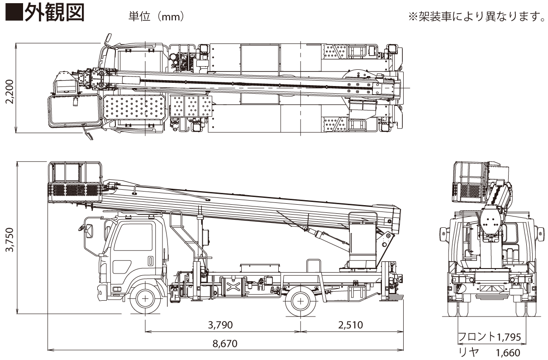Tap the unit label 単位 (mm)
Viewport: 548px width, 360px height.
[156, 17]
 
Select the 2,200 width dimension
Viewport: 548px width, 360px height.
[10, 91]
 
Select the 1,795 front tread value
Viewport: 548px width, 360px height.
[509, 337]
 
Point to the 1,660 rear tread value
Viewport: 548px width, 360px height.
[508, 353]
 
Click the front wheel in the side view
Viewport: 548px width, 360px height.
[145, 299]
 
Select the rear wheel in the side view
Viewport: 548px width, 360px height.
[300, 299]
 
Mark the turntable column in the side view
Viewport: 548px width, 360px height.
[362, 245]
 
